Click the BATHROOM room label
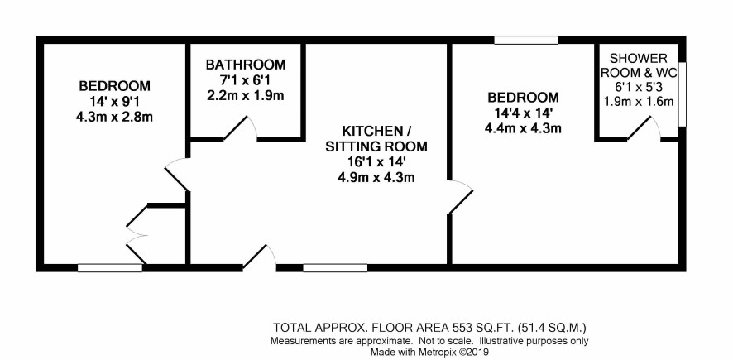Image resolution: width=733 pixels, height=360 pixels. [x=246, y=64]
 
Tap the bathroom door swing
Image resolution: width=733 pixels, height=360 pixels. [x=240, y=127]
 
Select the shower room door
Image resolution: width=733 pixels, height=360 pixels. [x=644, y=128]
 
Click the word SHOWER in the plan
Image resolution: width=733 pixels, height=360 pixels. [x=639, y=59]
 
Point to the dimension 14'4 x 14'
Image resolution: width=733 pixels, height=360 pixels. [x=523, y=113]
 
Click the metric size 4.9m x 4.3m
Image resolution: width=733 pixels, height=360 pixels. [x=376, y=178]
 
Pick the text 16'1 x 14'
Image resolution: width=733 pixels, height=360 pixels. [x=376, y=162]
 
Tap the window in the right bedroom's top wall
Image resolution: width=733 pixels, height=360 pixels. [x=526, y=41]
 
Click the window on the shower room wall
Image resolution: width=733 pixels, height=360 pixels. [x=682, y=94]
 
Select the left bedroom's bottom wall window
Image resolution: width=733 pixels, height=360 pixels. [x=110, y=268]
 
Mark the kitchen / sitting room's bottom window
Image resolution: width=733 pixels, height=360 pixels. [x=335, y=268]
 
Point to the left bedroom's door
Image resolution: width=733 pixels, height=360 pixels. [x=177, y=175]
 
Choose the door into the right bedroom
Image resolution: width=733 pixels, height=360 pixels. [x=461, y=196]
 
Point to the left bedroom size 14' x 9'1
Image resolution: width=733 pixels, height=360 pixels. [x=114, y=102]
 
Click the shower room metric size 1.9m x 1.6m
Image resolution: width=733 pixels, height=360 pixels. [x=639, y=102]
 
